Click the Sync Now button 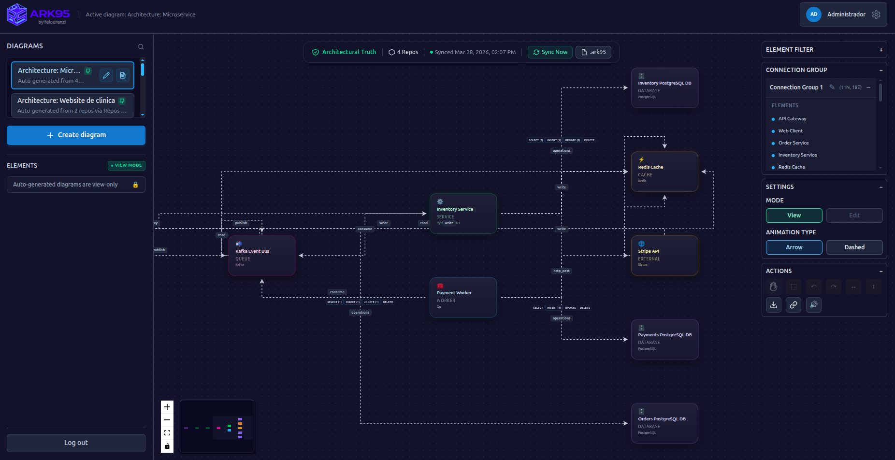(550, 52)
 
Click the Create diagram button (76, 135)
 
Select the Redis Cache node (664, 172)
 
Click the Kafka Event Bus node (261, 256)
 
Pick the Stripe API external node (664, 256)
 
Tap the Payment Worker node (463, 298)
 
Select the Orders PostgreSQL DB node (664, 423)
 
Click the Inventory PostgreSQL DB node (664, 88)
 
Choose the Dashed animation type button (854, 247)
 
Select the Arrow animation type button (794, 247)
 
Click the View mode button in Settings (794, 216)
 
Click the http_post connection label (562, 271)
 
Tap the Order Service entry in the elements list (793, 143)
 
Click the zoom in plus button (167, 407)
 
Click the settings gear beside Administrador (876, 14)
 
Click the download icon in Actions (774, 305)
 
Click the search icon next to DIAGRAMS (141, 47)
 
